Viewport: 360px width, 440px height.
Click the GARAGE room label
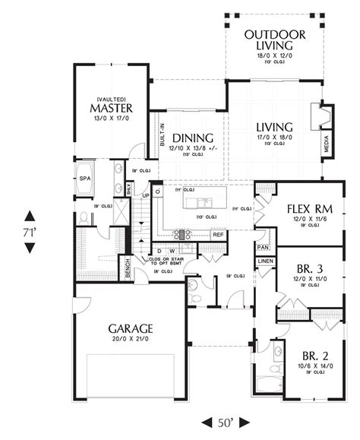131,328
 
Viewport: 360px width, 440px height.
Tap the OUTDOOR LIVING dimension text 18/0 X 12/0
275,55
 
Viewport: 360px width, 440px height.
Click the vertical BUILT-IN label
163,135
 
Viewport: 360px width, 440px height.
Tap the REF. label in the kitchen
218,234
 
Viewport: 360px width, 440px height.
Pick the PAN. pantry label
264,248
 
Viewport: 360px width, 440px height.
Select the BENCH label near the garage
128,268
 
